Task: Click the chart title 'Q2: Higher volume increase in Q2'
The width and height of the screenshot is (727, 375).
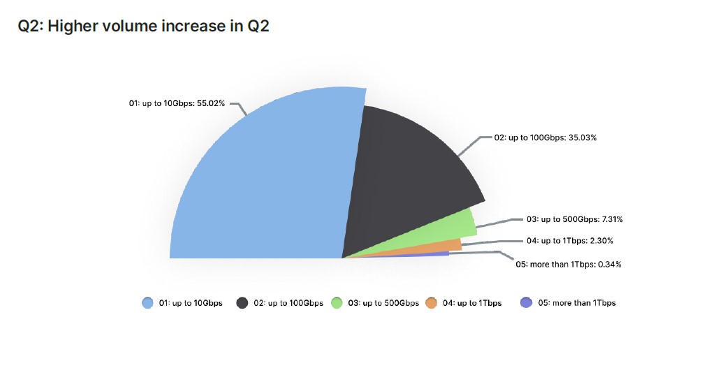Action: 143,26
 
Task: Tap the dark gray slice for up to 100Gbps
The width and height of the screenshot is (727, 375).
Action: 404,176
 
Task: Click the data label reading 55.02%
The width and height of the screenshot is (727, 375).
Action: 176,103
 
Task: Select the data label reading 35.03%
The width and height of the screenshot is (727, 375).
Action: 545,138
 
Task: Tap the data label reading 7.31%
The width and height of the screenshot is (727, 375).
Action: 575,219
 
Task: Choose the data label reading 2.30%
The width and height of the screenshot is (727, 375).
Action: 570,241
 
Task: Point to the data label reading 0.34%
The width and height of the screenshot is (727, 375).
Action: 568,264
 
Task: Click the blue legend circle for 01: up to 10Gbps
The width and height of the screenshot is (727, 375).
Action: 147,303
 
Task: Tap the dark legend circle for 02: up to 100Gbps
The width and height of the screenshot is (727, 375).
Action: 242,303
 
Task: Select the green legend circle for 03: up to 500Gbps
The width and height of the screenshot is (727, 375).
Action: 337,303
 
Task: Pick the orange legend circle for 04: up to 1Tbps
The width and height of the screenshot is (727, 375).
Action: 431,303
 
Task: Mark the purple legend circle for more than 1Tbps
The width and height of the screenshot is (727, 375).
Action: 526,303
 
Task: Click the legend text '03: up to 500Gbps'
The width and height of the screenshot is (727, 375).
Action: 383,303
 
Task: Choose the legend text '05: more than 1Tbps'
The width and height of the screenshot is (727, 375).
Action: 577,303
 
